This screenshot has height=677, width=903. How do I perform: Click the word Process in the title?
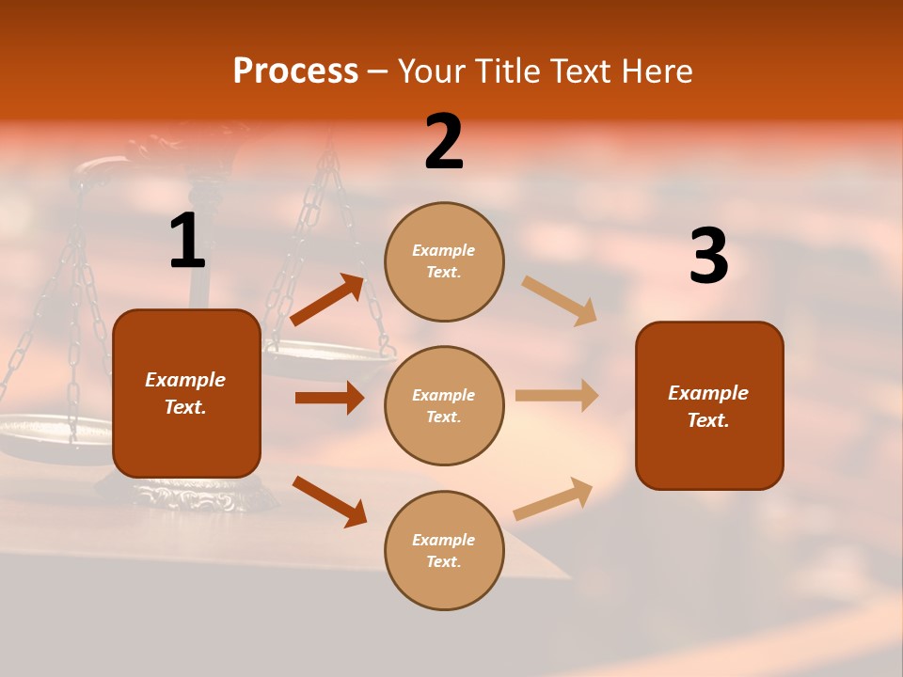click(x=295, y=71)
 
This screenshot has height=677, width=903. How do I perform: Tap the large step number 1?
click(x=187, y=242)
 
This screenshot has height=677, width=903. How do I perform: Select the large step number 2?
click(x=444, y=142)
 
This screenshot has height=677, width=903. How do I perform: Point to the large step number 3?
click(x=708, y=256)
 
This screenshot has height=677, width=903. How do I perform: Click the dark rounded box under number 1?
click(x=186, y=393)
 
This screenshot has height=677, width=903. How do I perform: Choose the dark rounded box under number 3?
click(x=709, y=405)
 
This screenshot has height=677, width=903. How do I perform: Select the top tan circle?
click(x=444, y=261)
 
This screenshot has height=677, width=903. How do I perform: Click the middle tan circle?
click(x=444, y=405)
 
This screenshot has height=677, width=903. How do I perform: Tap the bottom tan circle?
click(x=444, y=550)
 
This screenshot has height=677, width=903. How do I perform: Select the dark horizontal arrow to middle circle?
click(x=329, y=398)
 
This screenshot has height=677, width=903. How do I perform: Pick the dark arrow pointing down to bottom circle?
click(x=329, y=501)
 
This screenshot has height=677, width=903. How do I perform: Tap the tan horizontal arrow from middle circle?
click(x=557, y=396)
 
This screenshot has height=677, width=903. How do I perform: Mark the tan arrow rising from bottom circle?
click(x=554, y=498)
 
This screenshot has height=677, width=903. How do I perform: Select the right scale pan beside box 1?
click(x=329, y=357)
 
